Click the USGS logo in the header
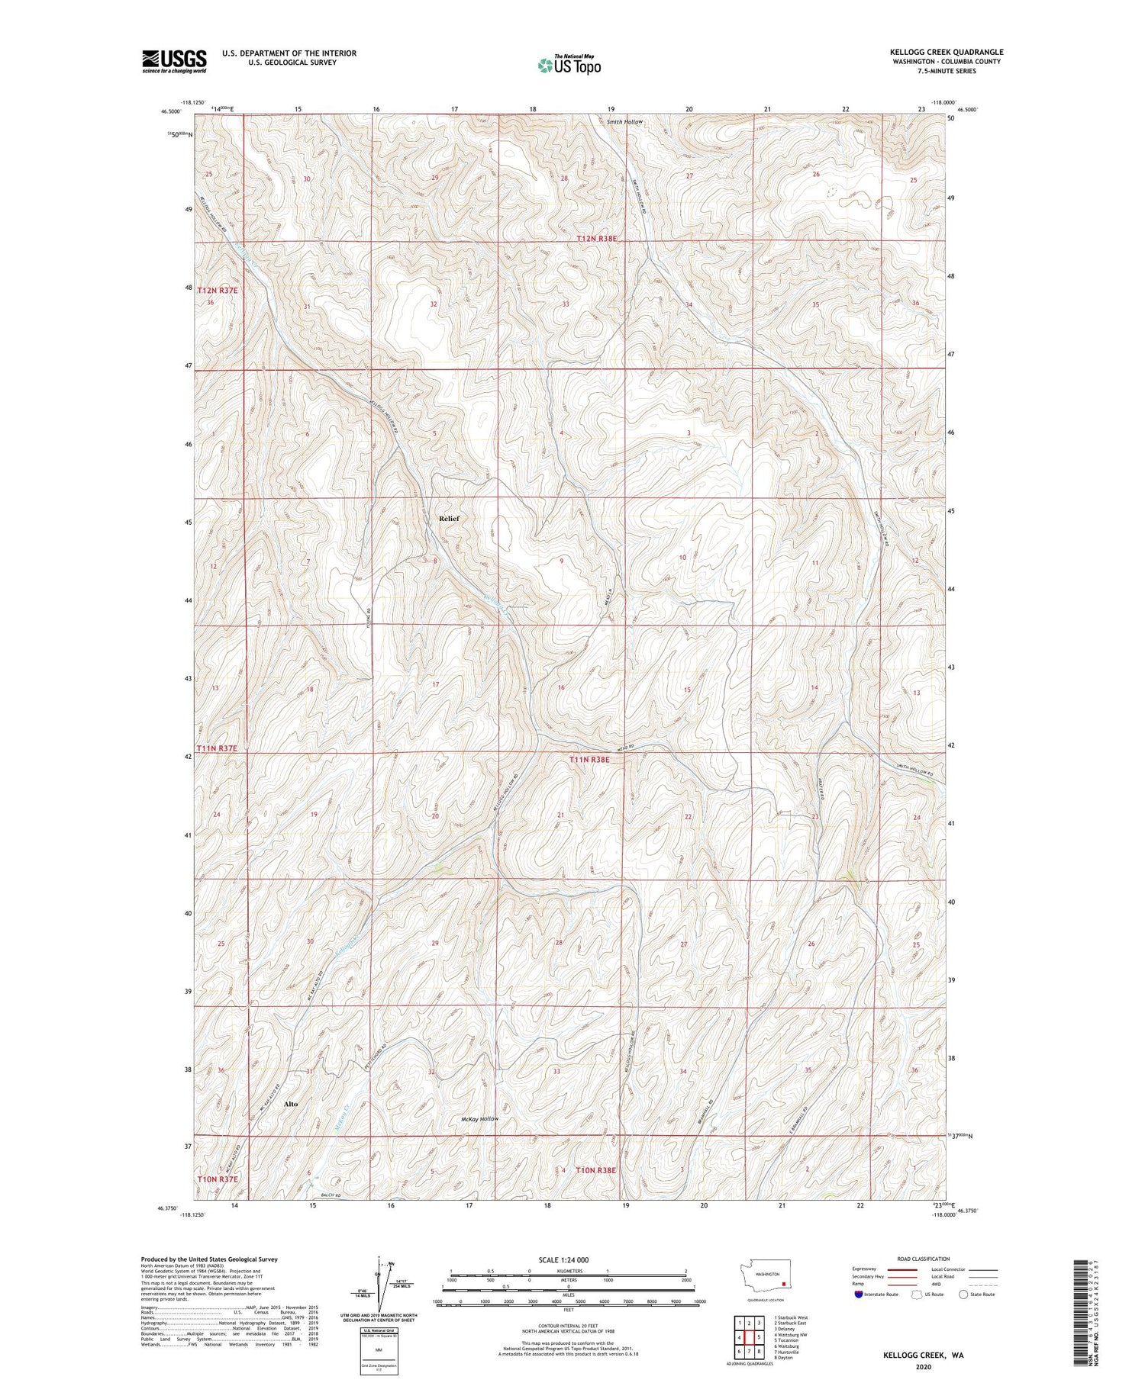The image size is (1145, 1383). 174,61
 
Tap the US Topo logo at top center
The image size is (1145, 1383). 569,65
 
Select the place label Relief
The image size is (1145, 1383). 449,519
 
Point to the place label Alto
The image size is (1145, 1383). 290,1104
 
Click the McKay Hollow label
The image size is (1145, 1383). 479,1119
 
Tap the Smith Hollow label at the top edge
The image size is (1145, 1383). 624,122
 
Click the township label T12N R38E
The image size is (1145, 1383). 596,239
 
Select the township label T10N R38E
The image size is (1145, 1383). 595,1169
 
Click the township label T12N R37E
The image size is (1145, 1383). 218,291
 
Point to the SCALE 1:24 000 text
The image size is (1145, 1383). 563,1259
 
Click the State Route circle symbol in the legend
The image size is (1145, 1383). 963,1295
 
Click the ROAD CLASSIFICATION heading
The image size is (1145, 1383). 923,1259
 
